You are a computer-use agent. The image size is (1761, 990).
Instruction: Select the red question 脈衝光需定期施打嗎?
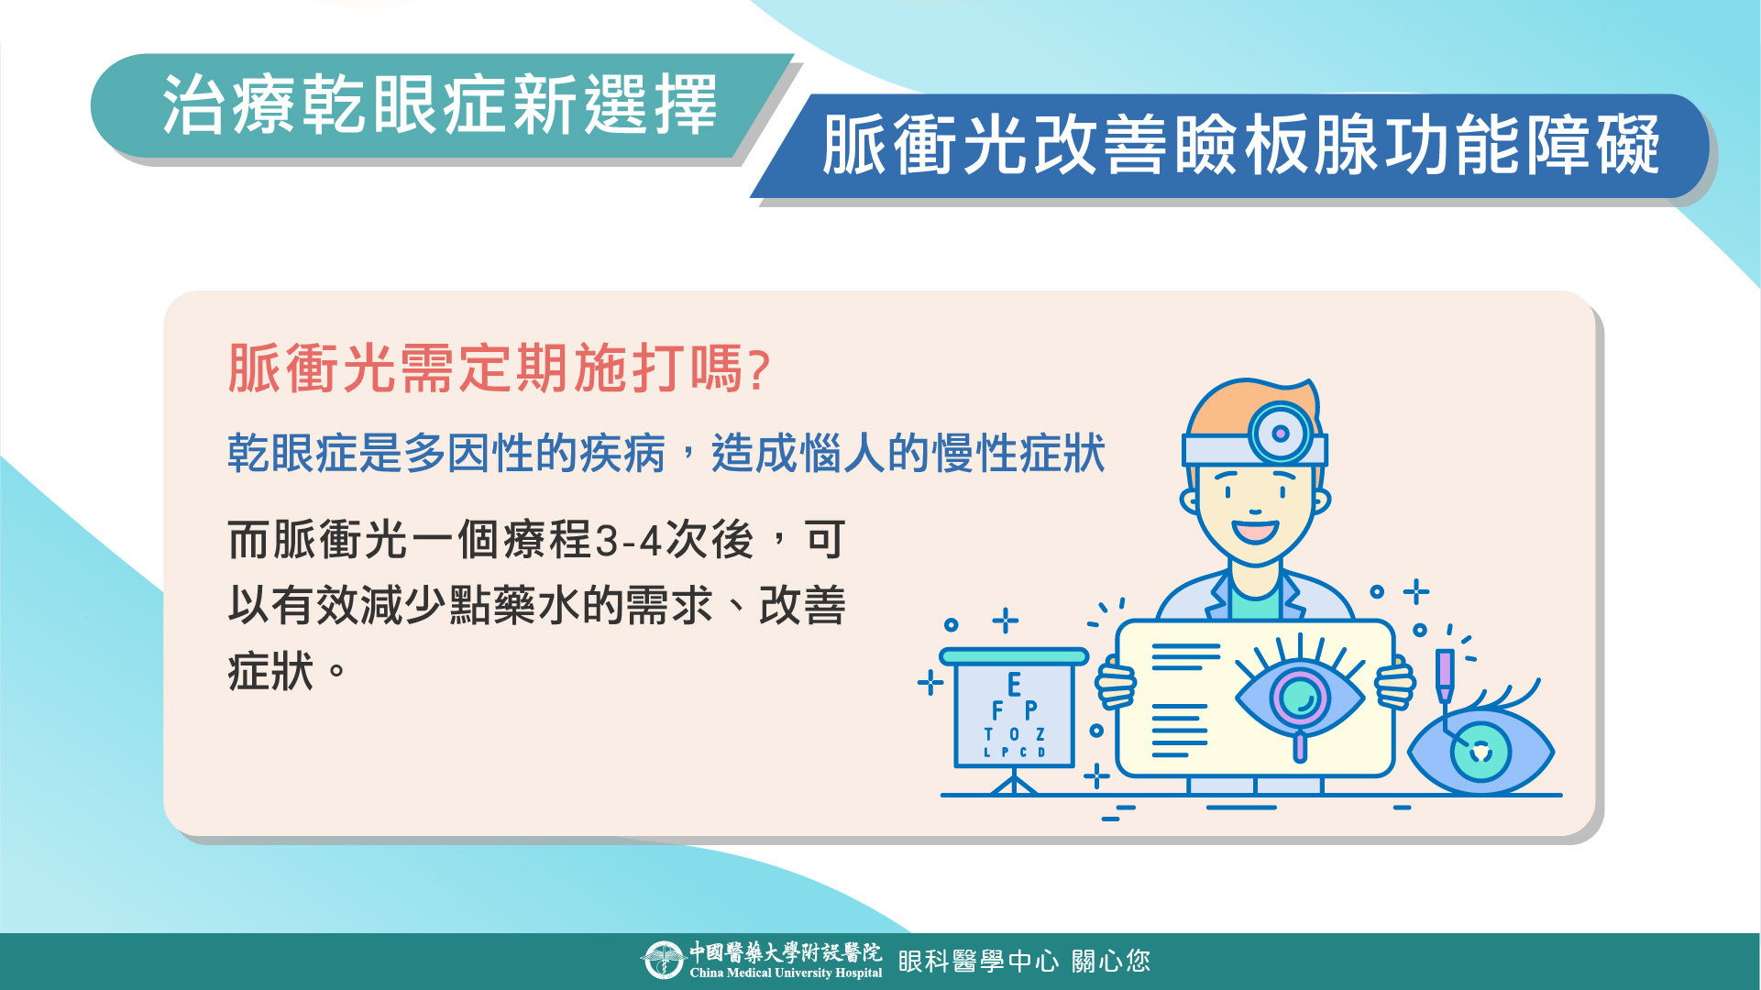[x=500, y=368]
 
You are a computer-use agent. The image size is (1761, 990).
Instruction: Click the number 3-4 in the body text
[x=629, y=541]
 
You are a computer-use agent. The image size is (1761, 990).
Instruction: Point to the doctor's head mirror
[x=1281, y=434]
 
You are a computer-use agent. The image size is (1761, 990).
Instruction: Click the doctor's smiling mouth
[x=1255, y=531]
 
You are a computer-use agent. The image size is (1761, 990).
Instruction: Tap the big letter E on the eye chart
[x=1014, y=685]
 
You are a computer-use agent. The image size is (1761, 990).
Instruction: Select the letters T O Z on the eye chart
[x=1015, y=734]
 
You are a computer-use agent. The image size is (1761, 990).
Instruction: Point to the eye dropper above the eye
[x=1445, y=678]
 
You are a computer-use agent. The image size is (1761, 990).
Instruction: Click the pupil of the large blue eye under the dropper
[x=1480, y=752]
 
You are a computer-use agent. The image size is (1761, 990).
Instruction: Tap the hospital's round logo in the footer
[x=662, y=961]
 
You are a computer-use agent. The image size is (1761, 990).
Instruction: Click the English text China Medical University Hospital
[x=786, y=973]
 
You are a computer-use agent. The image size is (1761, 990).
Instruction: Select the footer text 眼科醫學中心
[x=978, y=961]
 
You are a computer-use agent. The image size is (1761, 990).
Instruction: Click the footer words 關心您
[x=1111, y=961]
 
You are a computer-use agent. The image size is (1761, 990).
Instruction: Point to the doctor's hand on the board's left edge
[x=1116, y=684]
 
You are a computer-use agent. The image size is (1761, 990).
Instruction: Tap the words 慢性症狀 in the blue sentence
[x=1018, y=454]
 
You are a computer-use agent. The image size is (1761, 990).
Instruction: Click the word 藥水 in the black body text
[x=536, y=606]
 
